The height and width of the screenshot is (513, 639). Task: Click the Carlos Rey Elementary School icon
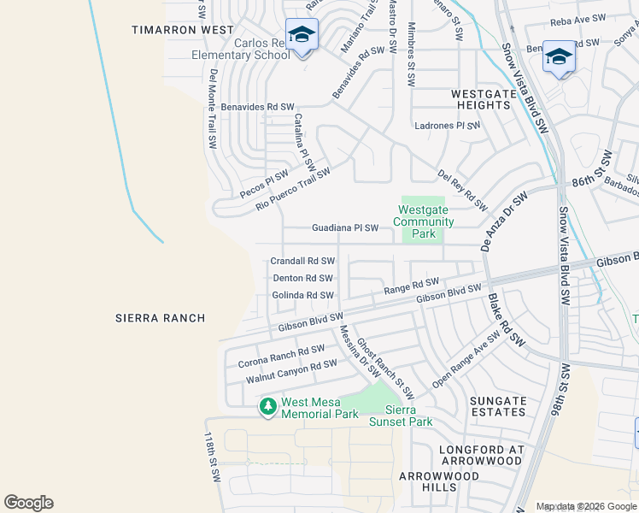[x=302, y=36]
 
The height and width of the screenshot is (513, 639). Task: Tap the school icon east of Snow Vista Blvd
[x=559, y=57]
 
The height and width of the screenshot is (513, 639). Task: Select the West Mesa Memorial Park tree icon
[x=268, y=406]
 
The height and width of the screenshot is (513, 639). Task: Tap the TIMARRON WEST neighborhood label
[x=182, y=30]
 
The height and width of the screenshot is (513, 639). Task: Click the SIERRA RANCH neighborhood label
[x=160, y=318]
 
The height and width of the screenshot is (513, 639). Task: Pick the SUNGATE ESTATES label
[x=498, y=406]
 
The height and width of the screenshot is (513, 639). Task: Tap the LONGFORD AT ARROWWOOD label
[x=480, y=455]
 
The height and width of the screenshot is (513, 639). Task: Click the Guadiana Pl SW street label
[x=345, y=228]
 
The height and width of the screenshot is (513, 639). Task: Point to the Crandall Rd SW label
[x=302, y=261]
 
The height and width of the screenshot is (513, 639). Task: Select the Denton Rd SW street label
[x=302, y=278]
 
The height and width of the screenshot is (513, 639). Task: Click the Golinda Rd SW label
[x=302, y=295]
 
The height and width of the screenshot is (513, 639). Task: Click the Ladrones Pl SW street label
[x=448, y=125]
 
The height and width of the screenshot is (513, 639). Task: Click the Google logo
[x=28, y=503]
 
